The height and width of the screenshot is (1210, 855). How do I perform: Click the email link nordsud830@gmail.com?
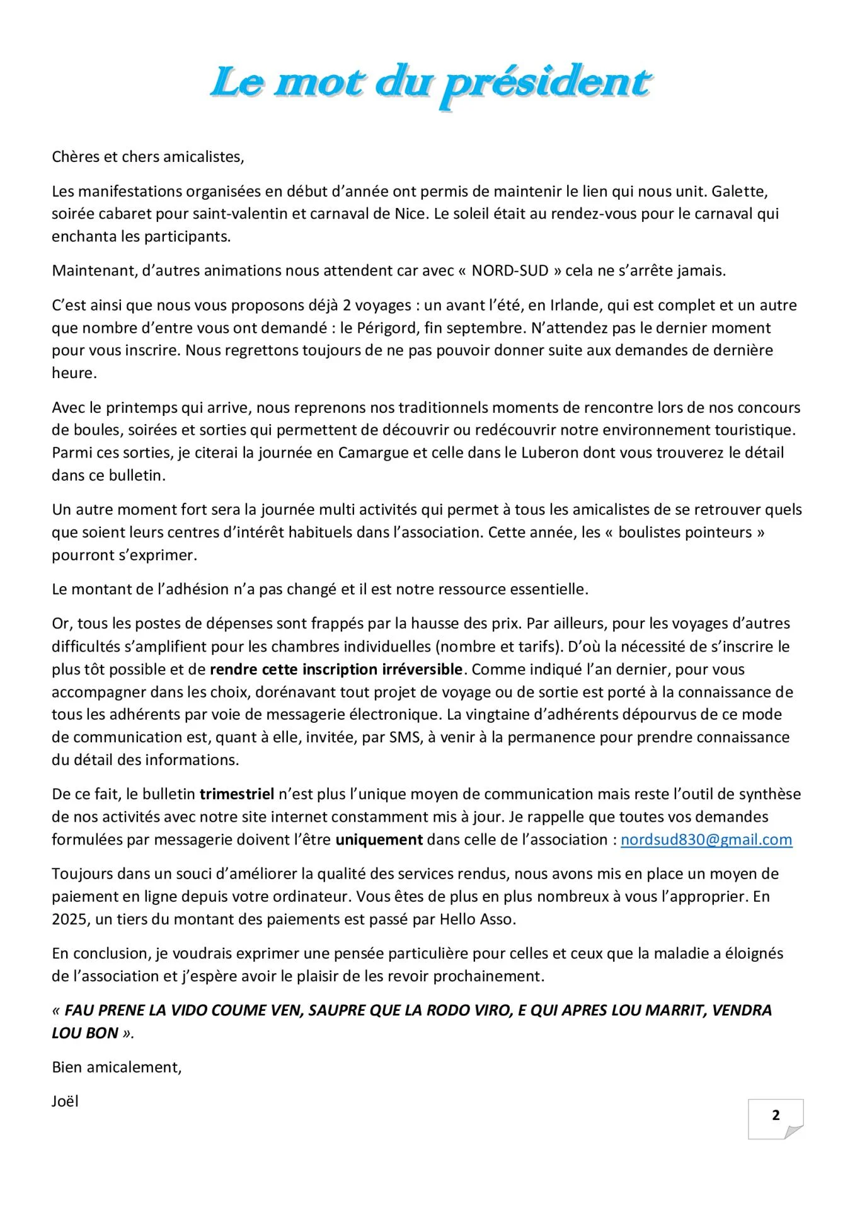coord(706,840)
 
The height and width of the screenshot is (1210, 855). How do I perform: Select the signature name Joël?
coord(65,1102)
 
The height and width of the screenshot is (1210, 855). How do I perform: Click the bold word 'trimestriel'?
coord(237,795)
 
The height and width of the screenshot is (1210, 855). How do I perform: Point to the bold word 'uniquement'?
coord(379,840)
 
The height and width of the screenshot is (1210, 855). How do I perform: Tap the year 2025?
coord(69,919)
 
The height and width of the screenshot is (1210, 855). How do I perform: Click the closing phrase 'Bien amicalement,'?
coord(117,1068)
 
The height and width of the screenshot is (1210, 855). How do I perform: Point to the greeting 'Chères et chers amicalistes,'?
coord(147,157)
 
